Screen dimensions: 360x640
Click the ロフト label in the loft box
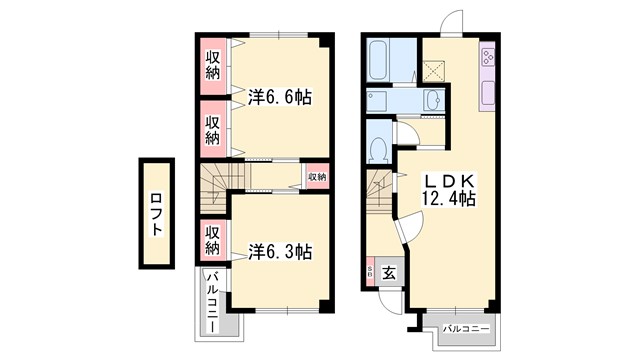[x=157, y=214]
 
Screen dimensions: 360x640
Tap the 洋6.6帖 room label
[x=279, y=98]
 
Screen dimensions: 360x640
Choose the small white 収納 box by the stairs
[x=316, y=177]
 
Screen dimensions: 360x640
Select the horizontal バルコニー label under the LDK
[x=461, y=328]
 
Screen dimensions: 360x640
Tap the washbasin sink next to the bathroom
[x=433, y=101]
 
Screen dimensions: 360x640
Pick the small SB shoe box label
[x=369, y=270]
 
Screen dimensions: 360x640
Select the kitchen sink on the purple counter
[x=487, y=93]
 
